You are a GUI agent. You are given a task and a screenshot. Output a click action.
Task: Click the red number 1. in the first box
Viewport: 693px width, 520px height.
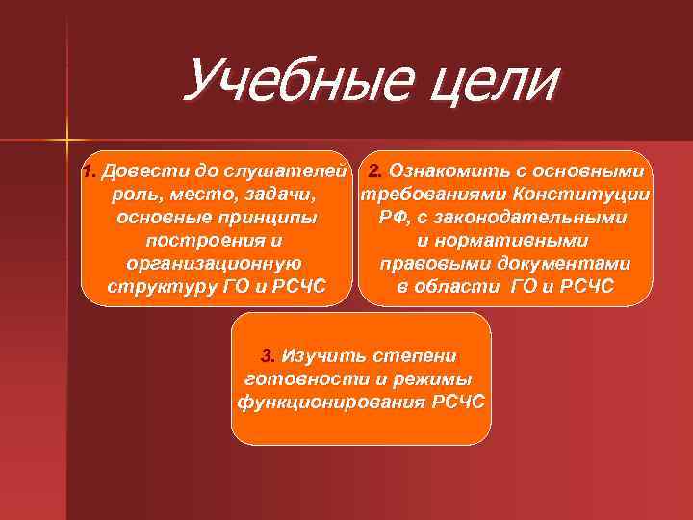tap(90, 172)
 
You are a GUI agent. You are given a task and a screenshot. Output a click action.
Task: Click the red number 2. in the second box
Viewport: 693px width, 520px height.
tap(374, 172)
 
